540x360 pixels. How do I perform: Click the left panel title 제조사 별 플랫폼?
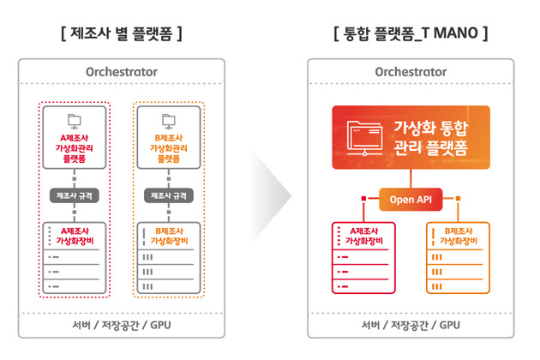pyautogui.click(x=121, y=33)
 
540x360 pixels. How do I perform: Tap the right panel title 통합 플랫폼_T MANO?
pyautogui.click(x=411, y=33)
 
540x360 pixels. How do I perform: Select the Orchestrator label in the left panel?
pyautogui.click(x=122, y=72)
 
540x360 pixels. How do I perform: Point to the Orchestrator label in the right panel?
pyautogui.click(x=411, y=72)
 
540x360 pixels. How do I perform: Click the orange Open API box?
pyautogui.click(x=411, y=200)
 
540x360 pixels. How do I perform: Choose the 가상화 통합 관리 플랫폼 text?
pyautogui.click(x=431, y=138)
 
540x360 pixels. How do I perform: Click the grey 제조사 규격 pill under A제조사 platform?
pyautogui.click(x=75, y=195)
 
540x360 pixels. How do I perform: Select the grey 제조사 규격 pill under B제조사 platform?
pyautogui.click(x=169, y=195)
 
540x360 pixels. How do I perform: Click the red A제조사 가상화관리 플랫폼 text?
pyautogui.click(x=75, y=148)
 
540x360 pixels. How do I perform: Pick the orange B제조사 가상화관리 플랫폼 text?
pyautogui.click(x=169, y=148)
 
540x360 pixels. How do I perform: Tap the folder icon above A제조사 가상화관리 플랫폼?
pyautogui.click(x=75, y=121)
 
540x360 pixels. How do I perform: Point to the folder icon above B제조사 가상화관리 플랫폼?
pyautogui.click(x=169, y=121)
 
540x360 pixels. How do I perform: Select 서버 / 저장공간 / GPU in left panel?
pyautogui.click(x=122, y=325)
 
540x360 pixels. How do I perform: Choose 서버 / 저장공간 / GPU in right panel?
pyautogui.click(x=411, y=325)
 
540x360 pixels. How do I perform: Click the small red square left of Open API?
pyautogui.click(x=363, y=199)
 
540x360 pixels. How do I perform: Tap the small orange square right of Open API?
pyautogui.click(x=458, y=199)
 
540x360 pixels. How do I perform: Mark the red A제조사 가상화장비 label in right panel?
pyautogui.click(x=364, y=236)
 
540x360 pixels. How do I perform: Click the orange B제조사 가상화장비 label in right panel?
pyautogui.click(x=459, y=236)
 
